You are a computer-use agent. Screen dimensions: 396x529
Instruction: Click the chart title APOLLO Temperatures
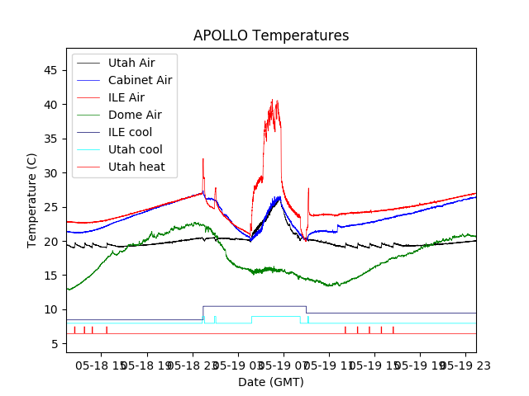[271, 35]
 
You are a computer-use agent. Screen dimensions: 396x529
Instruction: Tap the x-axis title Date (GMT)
[271, 382]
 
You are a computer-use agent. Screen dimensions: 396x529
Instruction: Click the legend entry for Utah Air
[131, 63]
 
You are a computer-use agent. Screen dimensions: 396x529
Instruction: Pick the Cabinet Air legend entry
[140, 80]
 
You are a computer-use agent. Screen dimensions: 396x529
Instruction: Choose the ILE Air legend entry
[126, 97]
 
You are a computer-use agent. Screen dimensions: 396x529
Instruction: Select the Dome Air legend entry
[134, 115]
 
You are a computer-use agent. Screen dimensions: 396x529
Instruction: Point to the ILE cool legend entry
[130, 132]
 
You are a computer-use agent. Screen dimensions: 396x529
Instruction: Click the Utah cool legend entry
[135, 149]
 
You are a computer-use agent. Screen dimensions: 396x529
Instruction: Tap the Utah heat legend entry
[136, 167]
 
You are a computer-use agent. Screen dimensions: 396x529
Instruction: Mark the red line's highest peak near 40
[272, 101]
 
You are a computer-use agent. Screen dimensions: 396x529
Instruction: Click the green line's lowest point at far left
[68, 290]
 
